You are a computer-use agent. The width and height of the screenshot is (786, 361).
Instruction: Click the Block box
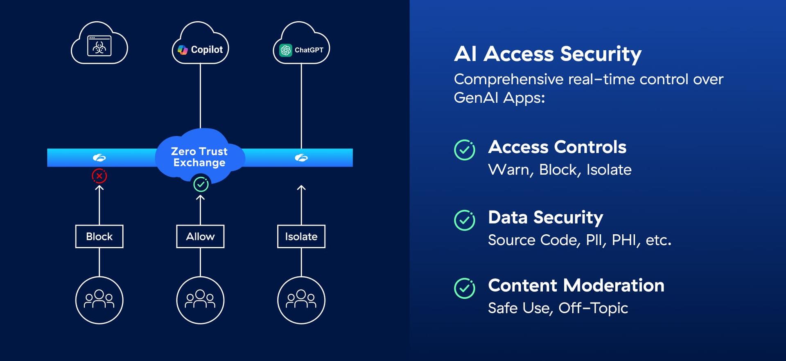click(x=99, y=236)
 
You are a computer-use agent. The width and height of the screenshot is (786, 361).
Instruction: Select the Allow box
click(x=200, y=236)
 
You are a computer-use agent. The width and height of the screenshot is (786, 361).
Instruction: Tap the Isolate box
click(x=301, y=236)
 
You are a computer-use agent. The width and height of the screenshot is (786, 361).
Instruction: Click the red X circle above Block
click(x=99, y=176)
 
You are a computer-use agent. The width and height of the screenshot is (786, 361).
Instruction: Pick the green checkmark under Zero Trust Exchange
click(x=201, y=184)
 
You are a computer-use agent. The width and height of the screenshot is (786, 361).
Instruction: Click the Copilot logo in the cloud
click(x=183, y=50)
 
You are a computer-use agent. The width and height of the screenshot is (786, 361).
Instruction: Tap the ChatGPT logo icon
click(x=286, y=50)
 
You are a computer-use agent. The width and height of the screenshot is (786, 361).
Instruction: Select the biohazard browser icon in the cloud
click(x=99, y=46)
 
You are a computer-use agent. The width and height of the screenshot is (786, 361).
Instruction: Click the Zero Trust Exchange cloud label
click(x=199, y=157)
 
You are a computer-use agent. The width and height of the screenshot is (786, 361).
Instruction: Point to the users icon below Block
click(x=99, y=300)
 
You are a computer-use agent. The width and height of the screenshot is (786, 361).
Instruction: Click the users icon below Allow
click(x=200, y=300)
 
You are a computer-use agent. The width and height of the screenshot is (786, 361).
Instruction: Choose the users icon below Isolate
click(x=301, y=300)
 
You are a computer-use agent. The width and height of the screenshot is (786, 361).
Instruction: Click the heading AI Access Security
click(x=548, y=54)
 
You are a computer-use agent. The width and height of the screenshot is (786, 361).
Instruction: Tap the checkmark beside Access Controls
click(x=465, y=150)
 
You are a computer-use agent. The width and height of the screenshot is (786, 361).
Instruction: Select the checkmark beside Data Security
click(x=465, y=220)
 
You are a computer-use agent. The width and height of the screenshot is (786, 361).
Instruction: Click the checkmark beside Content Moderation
click(x=465, y=288)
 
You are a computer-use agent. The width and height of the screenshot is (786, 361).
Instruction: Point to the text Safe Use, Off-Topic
click(x=558, y=308)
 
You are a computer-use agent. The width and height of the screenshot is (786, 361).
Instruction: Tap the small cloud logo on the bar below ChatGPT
click(x=301, y=158)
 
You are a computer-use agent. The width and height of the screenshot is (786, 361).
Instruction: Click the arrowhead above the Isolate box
click(x=301, y=188)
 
